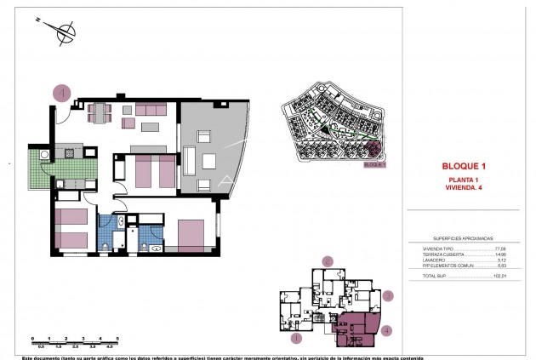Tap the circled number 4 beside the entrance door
[x=62, y=93]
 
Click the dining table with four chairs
[x=100, y=112]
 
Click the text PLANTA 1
[x=465, y=180]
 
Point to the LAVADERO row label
[x=434, y=260]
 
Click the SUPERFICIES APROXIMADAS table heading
[x=465, y=238]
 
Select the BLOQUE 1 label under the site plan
[x=374, y=165]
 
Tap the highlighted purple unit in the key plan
[x=357, y=328]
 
